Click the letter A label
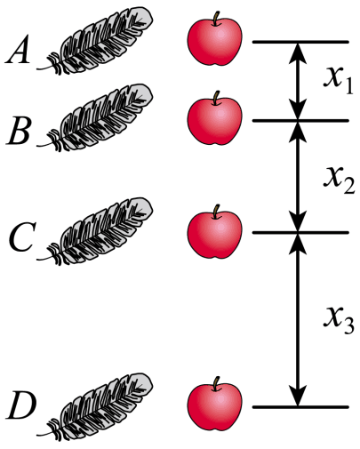click(18, 50)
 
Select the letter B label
click(19, 131)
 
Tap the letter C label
click(21, 237)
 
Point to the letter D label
click(21, 405)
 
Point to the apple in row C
click(215, 232)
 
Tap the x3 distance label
click(339, 321)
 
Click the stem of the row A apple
click(217, 19)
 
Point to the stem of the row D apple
click(217, 383)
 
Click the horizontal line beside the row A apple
click(300, 42)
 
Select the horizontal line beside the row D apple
click(300, 407)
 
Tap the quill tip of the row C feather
click(38, 260)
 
